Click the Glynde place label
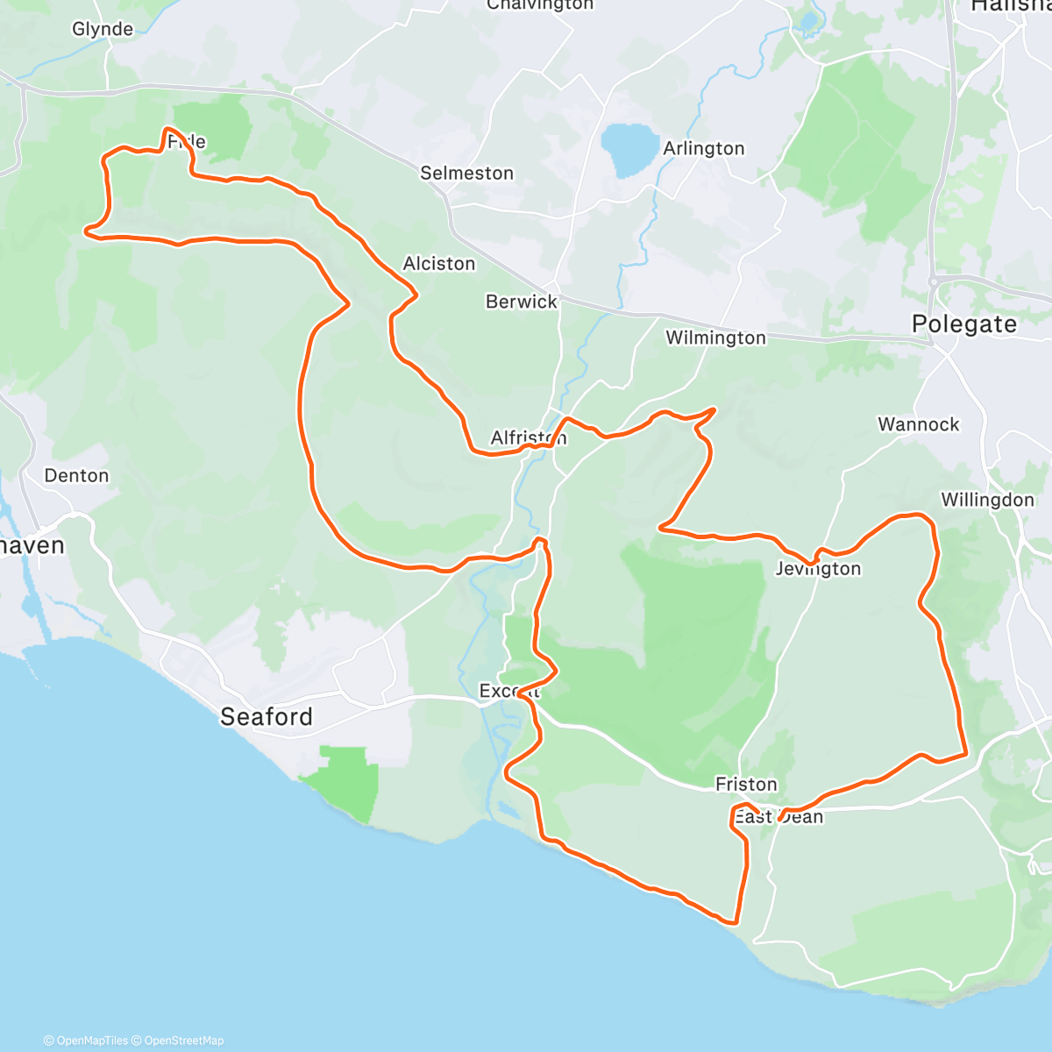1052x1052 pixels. pos(103,30)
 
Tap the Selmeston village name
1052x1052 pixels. pos(466,174)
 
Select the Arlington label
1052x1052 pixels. pos(703,149)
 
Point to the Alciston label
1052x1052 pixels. pos(438,264)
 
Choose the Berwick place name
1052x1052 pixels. pos(522,302)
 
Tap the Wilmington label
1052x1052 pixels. pos(715,338)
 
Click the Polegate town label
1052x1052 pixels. pos(963,324)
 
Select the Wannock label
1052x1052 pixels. pos(919,425)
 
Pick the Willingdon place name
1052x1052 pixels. pos(987,501)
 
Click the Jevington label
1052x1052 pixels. pos(818,569)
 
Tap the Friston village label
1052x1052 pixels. pos(746,785)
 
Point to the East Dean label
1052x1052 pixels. pos(778,817)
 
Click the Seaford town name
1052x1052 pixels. pos(266,717)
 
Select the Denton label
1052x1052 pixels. pos(76,476)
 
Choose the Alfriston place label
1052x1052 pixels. pos(528,437)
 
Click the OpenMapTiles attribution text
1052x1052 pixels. pos(86,1041)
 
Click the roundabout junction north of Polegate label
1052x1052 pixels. pos(936,282)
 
